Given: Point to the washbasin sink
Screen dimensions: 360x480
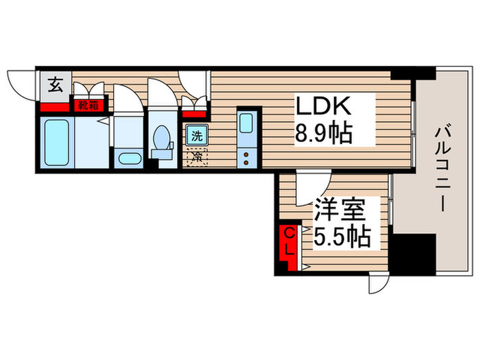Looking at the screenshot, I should (128, 159).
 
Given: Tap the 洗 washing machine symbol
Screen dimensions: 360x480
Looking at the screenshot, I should (196, 136).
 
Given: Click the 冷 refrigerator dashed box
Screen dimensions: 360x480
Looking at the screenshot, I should (196, 156).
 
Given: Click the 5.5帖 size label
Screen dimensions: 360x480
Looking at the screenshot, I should (342, 237).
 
